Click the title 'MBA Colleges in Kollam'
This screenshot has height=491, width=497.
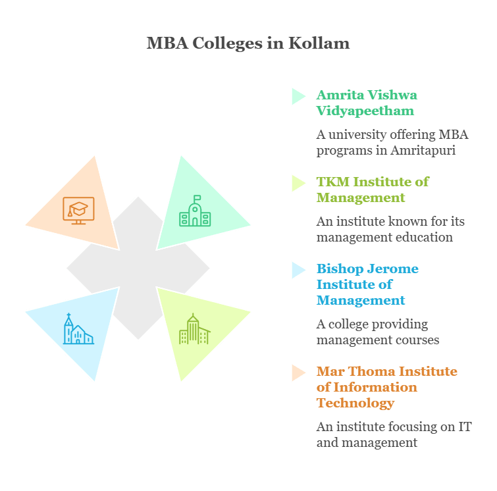tap(248, 43)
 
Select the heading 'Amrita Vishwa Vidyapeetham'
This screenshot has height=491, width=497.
tap(366, 103)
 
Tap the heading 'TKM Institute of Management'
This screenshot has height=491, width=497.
tap(372, 190)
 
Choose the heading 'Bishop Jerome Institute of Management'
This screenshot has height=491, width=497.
tap(367, 284)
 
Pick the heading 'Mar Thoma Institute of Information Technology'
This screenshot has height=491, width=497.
tap(386, 387)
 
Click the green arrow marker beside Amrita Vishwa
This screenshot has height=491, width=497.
tap(298, 96)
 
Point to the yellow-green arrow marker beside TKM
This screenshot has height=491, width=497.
tap(298, 183)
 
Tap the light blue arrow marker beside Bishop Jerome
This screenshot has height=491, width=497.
tap(298, 270)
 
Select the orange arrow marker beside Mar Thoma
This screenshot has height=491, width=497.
tap(298, 373)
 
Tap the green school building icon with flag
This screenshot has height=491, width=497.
tap(195, 211)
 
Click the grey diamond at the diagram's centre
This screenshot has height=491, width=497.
tap(138, 269)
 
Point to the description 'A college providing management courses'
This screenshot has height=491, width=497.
tap(377, 332)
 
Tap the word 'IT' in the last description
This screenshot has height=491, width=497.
tap(465, 426)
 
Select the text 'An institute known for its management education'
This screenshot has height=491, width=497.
tap(390, 229)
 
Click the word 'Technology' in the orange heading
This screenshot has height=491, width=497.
tap(355, 403)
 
